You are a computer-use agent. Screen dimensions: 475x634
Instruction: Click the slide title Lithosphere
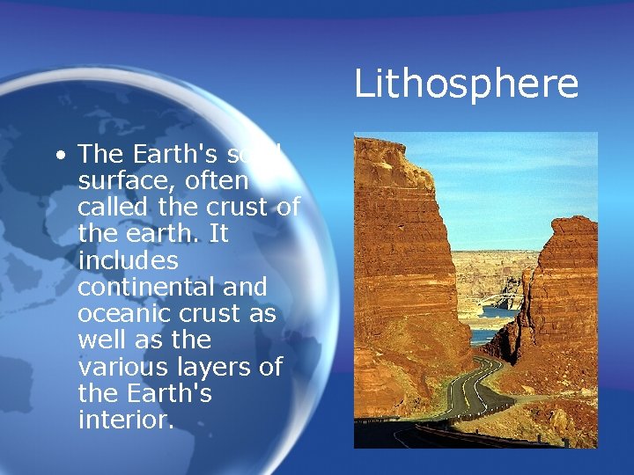click(x=466, y=84)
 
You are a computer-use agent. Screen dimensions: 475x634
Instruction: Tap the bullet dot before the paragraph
click(x=59, y=156)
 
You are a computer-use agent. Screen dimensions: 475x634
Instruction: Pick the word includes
click(x=128, y=261)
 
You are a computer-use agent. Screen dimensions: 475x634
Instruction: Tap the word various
click(x=120, y=367)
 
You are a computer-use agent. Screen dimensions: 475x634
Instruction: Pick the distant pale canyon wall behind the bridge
click(x=493, y=268)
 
